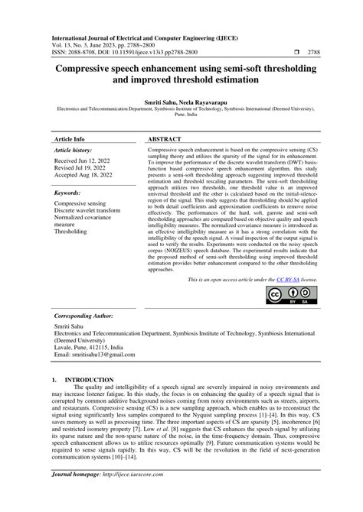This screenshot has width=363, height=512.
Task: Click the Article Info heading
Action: click(70, 140)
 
